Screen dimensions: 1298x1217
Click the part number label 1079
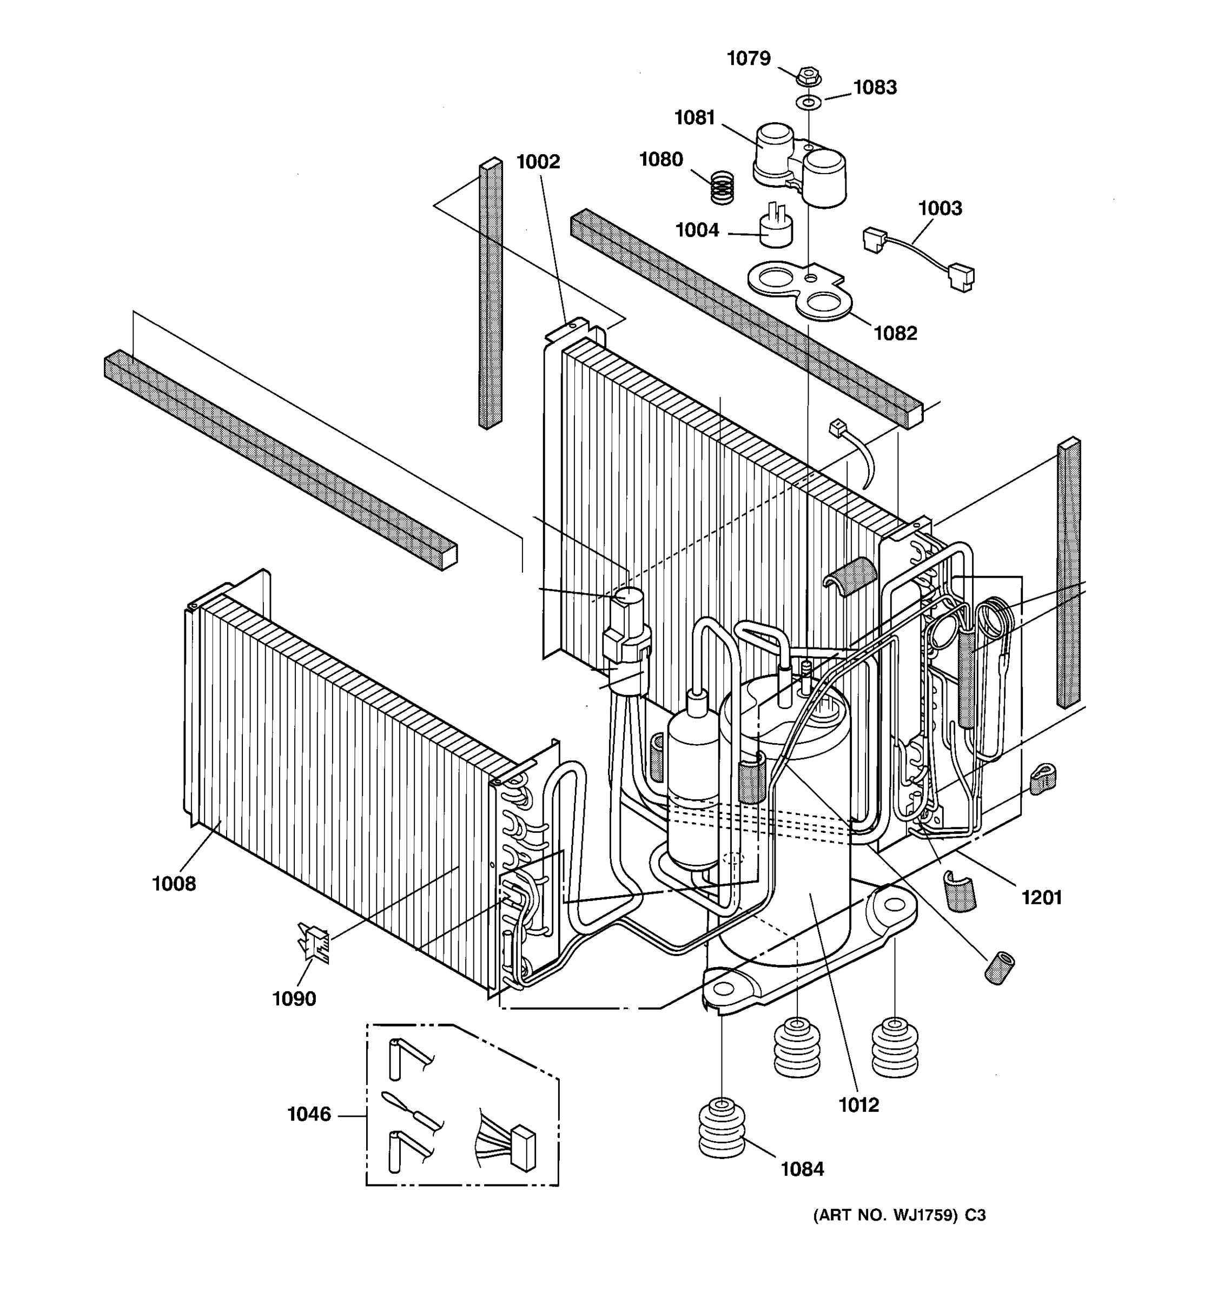pyautogui.click(x=749, y=59)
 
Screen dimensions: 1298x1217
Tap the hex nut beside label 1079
pyautogui.click(x=808, y=76)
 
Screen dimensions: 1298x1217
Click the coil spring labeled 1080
pyautogui.click(x=722, y=187)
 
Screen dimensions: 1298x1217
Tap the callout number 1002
pyautogui.click(x=538, y=161)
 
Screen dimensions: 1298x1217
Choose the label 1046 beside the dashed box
pyautogui.click(x=309, y=1115)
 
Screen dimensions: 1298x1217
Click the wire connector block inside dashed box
pyautogui.click(x=524, y=1148)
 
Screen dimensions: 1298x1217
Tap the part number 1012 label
pyautogui.click(x=858, y=1105)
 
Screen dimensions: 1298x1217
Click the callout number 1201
pyautogui.click(x=1041, y=898)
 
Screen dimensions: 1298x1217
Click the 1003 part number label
pyautogui.click(x=940, y=208)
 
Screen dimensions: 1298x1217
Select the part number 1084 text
pyautogui.click(x=803, y=1169)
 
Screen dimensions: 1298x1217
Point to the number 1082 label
pyautogui.click(x=895, y=333)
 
